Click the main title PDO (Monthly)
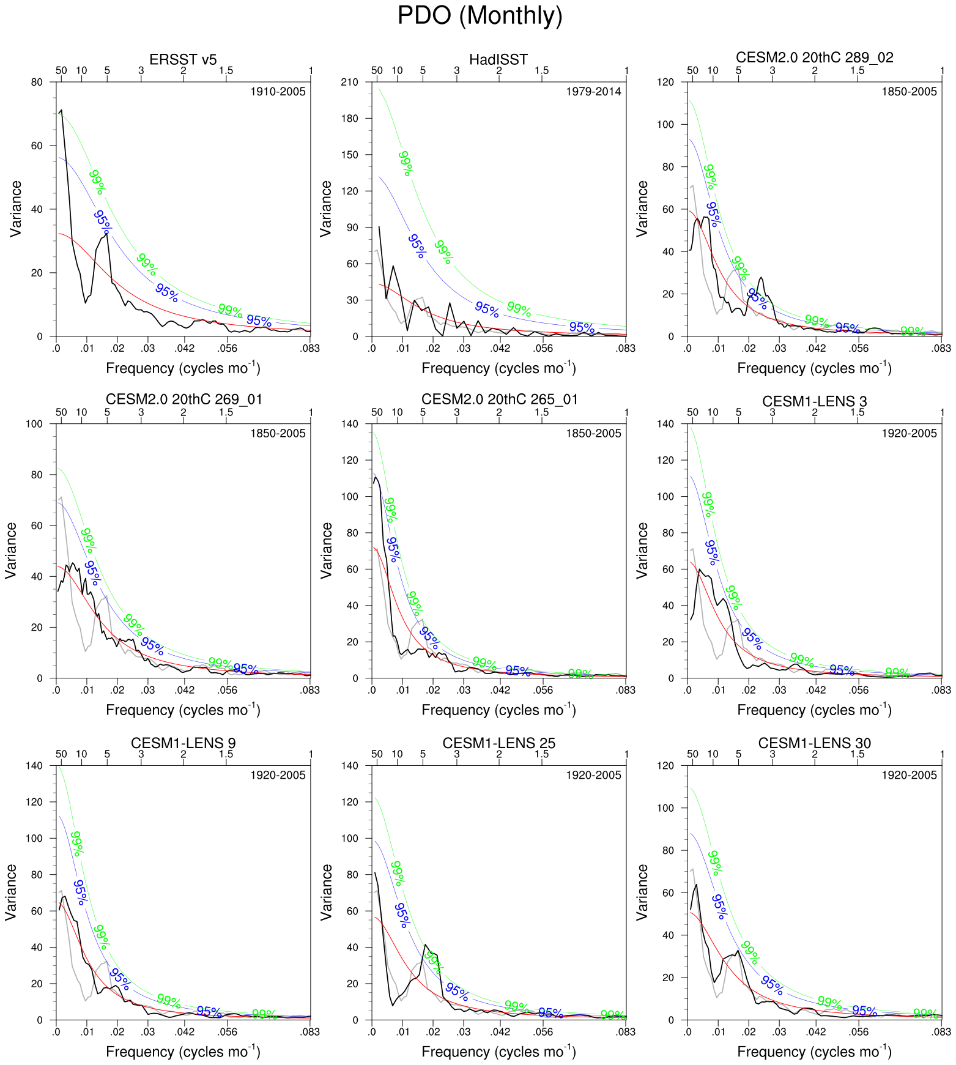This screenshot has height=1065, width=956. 480,16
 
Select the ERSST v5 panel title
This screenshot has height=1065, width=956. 183,59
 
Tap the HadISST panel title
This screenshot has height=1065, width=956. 498,59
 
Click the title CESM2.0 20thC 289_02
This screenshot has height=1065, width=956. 814,58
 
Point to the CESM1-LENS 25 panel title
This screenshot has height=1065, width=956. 498,743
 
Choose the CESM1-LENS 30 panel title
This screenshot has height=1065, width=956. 814,743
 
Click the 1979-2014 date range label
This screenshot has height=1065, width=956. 593,92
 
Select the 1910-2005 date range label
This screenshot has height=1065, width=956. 278,92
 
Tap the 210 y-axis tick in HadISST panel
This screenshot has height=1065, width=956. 350,82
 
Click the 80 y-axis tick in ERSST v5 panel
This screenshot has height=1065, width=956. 37,82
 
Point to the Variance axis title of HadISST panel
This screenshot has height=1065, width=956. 325,209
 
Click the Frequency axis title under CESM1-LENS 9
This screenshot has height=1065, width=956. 183,1051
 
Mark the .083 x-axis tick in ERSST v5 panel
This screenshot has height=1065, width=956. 310,349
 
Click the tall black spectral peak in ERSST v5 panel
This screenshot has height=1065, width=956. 61,111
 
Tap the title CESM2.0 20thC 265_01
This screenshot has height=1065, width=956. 499,399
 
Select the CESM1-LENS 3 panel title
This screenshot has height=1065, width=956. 814,401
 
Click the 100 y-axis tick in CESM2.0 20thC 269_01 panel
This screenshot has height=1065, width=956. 35,424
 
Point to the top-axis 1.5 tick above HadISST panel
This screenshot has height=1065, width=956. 541,70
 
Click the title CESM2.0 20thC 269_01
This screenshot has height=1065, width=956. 183,399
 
